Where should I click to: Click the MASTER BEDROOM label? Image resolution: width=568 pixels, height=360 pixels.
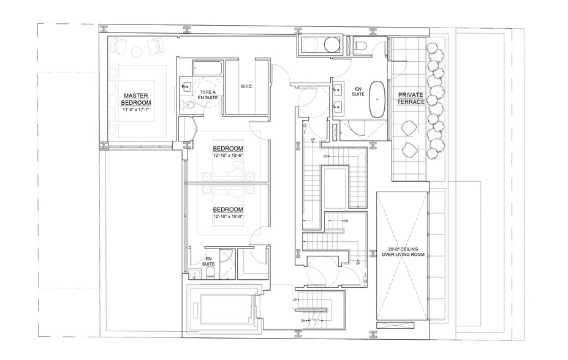click(x=137, y=99)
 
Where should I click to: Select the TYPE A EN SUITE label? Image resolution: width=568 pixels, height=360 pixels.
click(x=207, y=94)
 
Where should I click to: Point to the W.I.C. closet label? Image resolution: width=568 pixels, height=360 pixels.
click(x=247, y=86)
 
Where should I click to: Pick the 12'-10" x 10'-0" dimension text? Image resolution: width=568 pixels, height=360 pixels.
click(x=228, y=217)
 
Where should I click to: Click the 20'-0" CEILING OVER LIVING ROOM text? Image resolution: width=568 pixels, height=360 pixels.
click(x=402, y=252)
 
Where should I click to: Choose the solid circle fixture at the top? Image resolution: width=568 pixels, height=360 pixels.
click(x=332, y=45)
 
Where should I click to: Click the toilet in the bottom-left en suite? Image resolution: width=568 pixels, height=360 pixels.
click(x=207, y=274)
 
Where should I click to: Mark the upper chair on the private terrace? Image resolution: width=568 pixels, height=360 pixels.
click(x=408, y=128)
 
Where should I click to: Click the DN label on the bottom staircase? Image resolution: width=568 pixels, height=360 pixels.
click(x=303, y=321)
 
